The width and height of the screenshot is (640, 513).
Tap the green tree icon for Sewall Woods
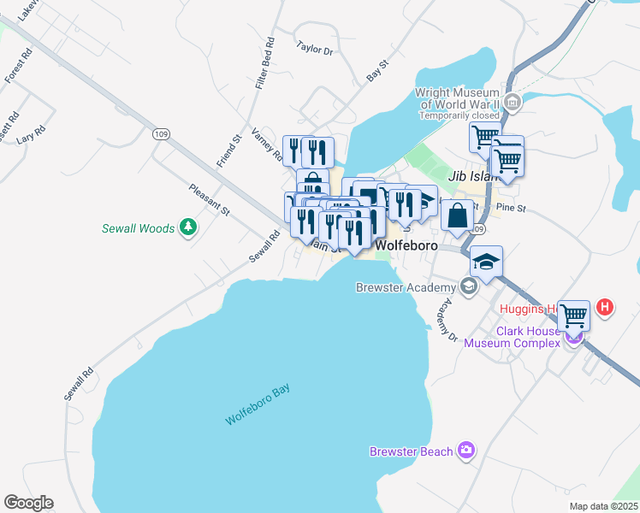(x=188, y=227)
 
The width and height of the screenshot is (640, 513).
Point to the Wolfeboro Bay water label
(x=258, y=405)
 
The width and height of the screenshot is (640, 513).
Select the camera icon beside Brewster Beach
(x=466, y=450)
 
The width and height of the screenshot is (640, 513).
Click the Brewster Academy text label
(x=406, y=287)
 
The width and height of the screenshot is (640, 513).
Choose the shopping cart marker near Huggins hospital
(x=574, y=315)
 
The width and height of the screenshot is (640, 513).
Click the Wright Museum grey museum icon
(x=513, y=103)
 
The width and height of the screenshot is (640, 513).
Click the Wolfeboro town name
(x=407, y=245)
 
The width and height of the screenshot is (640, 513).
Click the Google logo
(x=28, y=503)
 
